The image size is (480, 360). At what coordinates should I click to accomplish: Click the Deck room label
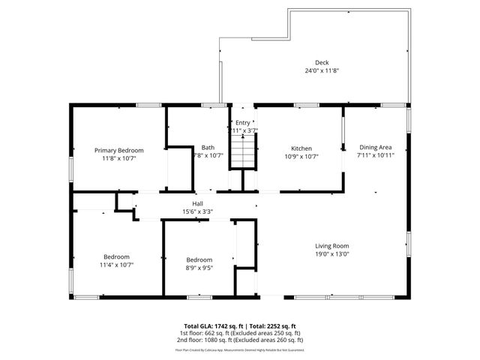point(321,62)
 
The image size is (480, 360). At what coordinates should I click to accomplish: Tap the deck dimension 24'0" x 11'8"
point(321,70)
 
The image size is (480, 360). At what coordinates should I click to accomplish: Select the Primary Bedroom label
point(118,150)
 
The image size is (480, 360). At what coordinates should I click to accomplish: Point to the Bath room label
point(208,148)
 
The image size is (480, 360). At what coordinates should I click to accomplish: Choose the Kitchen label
point(301,148)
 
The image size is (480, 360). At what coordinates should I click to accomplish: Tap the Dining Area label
point(375,148)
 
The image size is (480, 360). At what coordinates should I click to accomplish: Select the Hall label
point(198,203)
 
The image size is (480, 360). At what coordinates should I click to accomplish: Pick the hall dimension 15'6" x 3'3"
point(198,211)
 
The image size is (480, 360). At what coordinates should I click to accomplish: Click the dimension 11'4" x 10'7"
point(116,264)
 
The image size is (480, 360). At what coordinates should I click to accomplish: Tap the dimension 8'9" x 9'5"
point(199,268)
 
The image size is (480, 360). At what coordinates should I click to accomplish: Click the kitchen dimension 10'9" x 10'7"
point(301,157)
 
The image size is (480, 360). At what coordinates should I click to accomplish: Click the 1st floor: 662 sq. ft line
point(239,332)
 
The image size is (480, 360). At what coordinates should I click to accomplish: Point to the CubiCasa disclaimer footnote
point(239,349)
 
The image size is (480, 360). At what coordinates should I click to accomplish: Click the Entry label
point(243,123)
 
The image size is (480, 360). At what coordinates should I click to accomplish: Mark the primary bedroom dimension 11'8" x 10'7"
point(118,158)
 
